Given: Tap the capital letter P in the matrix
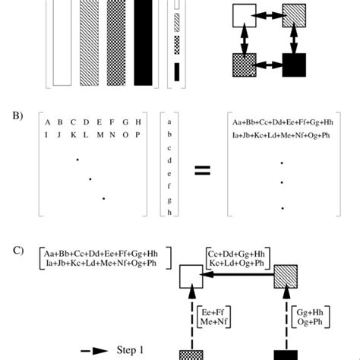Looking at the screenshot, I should [137, 135].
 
